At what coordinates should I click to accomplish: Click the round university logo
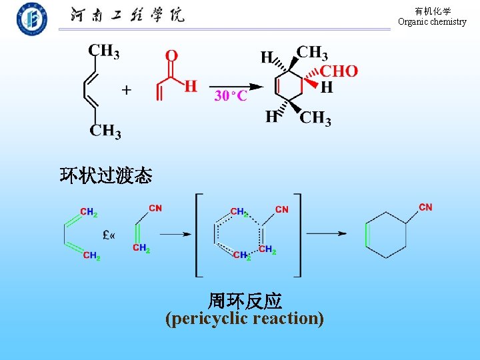32,19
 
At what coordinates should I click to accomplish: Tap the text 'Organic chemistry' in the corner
432,21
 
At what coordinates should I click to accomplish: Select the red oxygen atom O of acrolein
171,55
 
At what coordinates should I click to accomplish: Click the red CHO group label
339,71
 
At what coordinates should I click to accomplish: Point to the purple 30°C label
231,96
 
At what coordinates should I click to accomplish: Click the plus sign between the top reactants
126,90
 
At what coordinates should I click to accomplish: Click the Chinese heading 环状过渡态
106,176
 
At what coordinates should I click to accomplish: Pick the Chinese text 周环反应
245,301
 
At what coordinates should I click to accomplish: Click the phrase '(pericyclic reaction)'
245,319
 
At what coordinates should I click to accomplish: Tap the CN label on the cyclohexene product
425,207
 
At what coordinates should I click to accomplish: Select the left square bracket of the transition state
198,234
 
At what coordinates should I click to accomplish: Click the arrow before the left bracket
175,234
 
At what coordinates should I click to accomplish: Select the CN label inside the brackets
282,209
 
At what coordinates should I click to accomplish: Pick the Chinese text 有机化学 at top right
433,11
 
